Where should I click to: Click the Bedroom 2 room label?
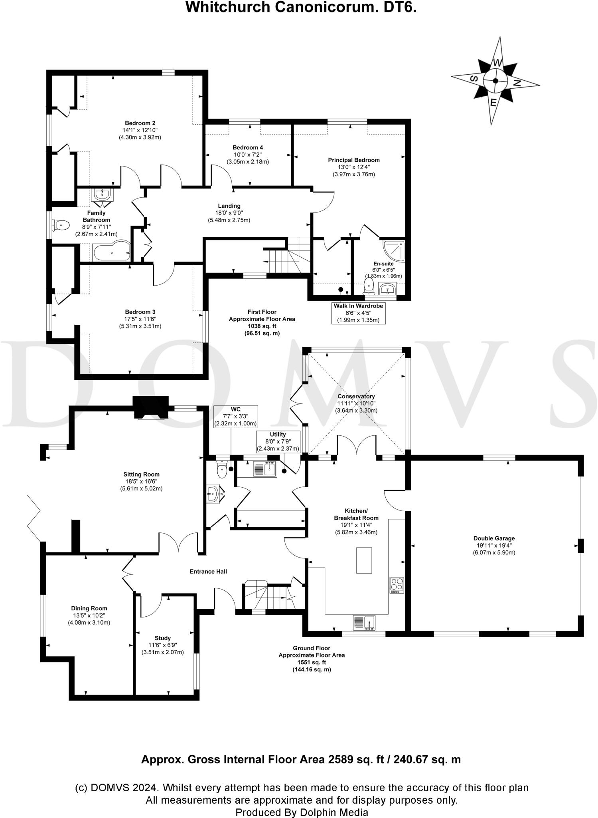pos(140,123)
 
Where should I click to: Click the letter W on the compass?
pos(497,63)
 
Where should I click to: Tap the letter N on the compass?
pos(517,83)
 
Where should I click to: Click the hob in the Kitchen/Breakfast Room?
pos(397,585)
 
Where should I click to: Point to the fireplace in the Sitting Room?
pos(150,409)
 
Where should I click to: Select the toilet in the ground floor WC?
pos(222,471)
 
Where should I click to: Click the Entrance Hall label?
pos(208,572)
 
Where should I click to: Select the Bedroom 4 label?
pos(248,147)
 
